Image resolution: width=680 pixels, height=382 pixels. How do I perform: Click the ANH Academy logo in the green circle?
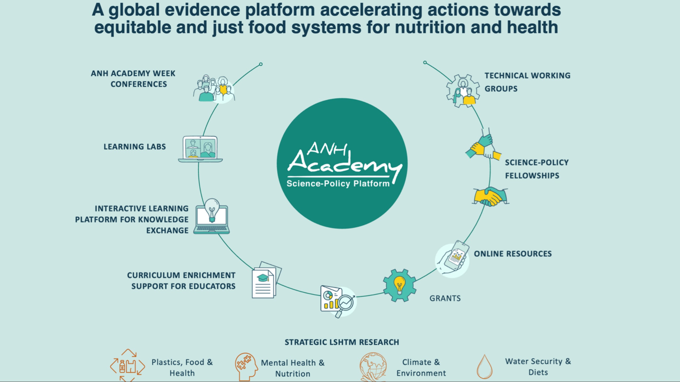343,159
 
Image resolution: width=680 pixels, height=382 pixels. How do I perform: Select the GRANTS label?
445,298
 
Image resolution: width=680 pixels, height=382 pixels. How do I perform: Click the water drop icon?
484,367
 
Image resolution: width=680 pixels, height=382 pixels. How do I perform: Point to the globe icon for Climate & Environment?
373,367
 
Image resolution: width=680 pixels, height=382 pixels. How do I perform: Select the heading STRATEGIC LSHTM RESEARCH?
342,342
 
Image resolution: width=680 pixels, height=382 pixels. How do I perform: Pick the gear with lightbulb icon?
399,285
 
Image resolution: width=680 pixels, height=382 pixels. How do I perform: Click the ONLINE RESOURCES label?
513,254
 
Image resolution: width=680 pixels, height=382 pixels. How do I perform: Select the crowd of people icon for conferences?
214,89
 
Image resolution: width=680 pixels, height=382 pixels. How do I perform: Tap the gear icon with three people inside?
463,91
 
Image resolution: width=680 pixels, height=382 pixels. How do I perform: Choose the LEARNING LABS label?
135,147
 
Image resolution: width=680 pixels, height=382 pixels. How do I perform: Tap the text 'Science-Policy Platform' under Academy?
338,184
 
